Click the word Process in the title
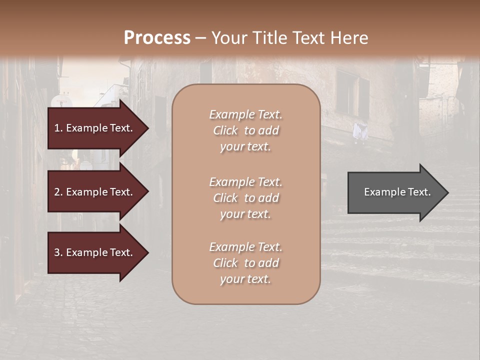tap(157, 38)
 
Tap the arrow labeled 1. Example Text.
tap(95, 128)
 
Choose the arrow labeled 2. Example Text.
tap(95, 192)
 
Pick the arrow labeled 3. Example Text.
tap(95, 252)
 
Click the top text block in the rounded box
tap(245, 130)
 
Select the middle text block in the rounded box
tap(245, 198)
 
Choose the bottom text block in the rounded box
tap(245, 263)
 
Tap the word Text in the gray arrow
tap(419, 192)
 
